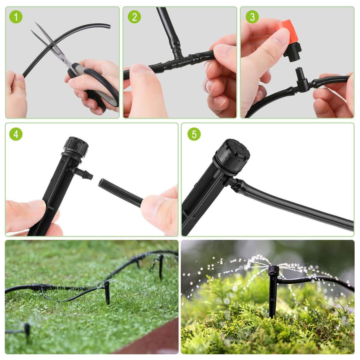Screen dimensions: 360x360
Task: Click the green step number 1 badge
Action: coord(16,17)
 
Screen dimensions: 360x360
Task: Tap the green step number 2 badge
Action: coord(134,17)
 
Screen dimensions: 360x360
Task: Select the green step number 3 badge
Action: coord(252,17)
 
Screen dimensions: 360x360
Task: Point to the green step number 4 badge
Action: coord(16,134)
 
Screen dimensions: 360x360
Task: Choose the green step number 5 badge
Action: coord(194,134)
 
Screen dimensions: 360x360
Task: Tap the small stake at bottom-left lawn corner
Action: coord(27,331)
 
